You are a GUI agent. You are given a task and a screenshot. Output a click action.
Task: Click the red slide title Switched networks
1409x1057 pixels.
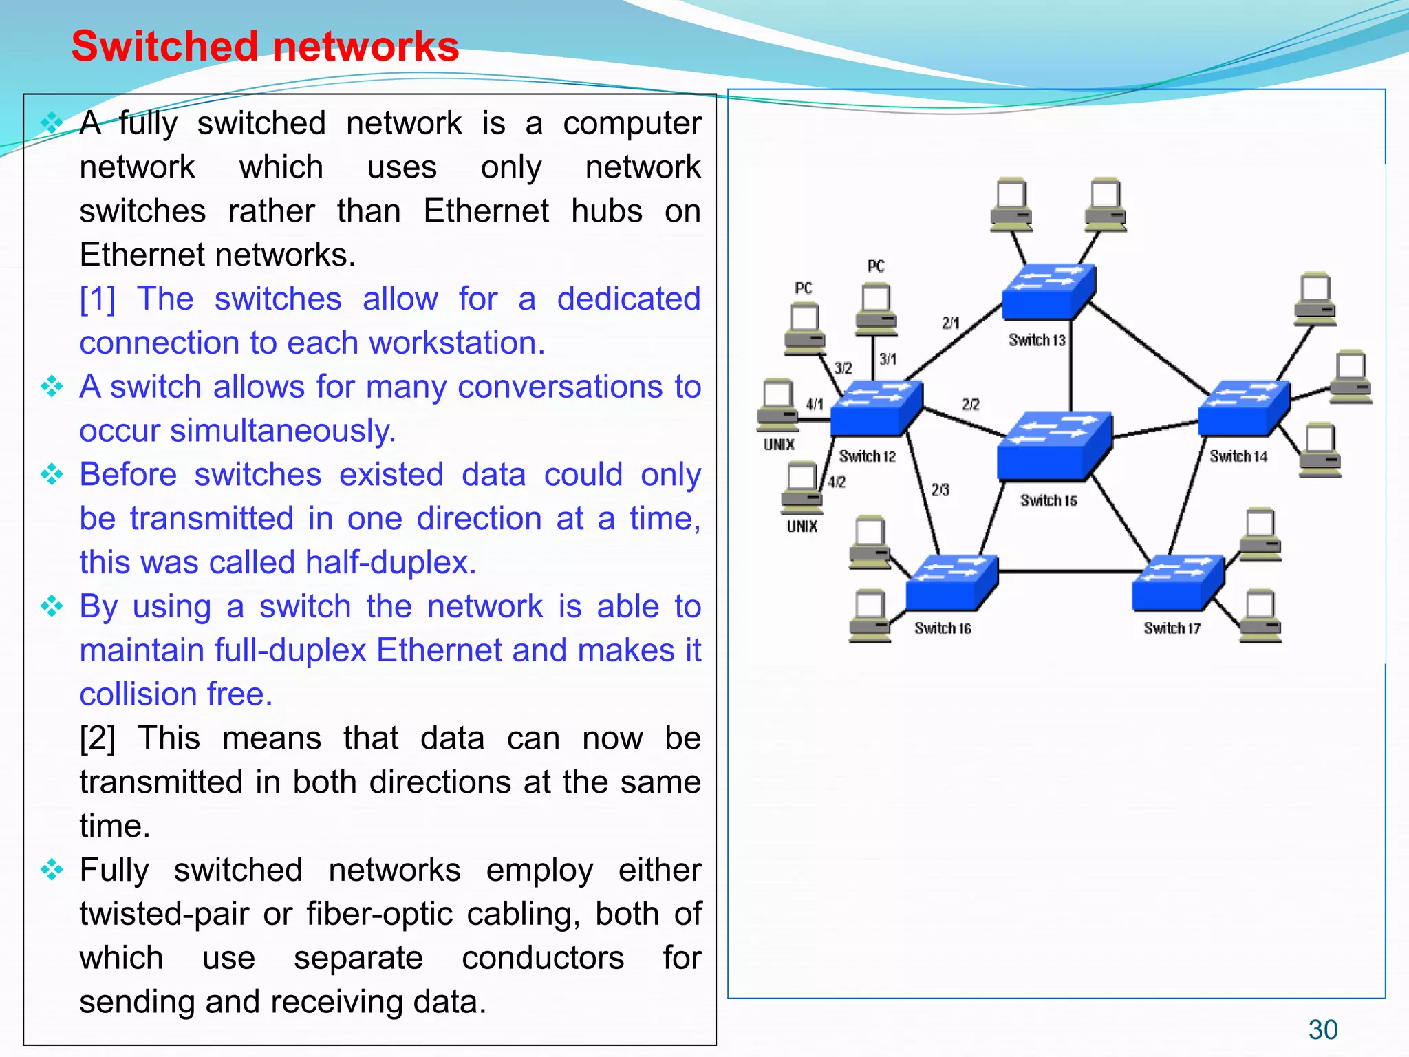pos(265,47)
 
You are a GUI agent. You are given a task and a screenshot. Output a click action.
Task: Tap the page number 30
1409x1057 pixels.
pos(1322,1029)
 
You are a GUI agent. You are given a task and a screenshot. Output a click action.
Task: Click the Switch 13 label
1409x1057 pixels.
pos(1037,340)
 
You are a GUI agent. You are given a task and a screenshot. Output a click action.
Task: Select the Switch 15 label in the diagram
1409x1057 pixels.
pos(1048,500)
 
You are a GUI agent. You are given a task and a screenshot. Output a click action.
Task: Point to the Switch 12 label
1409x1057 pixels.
pos(867,457)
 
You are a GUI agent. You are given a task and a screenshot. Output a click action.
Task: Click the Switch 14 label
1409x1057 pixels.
pos(1238,457)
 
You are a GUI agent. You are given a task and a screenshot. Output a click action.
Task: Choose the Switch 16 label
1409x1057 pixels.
pos(943,628)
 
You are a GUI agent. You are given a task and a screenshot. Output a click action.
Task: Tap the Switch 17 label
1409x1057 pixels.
pos(1172,628)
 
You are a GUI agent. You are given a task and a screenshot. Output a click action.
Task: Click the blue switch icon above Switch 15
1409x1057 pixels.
pos(1053,444)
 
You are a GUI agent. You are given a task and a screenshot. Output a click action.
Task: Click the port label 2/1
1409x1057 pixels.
pos(950,323)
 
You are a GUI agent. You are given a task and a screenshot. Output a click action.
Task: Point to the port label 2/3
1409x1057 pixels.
pos(940,490)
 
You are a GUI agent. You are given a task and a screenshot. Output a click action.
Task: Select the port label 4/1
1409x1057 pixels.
pos(815,405)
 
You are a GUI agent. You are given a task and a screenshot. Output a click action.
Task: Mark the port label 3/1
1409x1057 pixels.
pos(888,359)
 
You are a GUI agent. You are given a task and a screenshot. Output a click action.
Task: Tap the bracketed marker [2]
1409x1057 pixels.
pos(97,738)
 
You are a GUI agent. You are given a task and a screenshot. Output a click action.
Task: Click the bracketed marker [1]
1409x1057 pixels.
pos(97,299)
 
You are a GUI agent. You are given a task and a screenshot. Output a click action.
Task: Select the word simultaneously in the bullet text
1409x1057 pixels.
pos(282,431)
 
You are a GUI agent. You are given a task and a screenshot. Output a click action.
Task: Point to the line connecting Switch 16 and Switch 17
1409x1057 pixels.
pos(1065,571)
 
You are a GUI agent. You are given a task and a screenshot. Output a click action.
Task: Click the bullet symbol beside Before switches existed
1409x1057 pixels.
pos(52,474)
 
